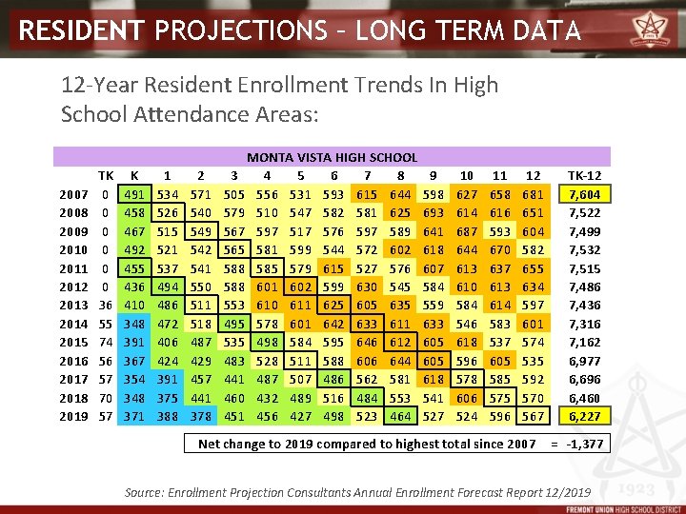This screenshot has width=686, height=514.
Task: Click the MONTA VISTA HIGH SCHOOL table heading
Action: coord(332,157)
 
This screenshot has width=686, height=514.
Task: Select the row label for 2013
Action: coord(73,305)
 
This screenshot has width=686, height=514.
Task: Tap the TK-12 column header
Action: coord(584,176)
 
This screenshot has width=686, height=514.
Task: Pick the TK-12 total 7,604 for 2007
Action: coord(584,194)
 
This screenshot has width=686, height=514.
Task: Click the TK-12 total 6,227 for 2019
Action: coord(584,416)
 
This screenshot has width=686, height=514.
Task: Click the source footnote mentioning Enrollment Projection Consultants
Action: coord(357,492)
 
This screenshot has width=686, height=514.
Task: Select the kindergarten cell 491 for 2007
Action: coord(134,194)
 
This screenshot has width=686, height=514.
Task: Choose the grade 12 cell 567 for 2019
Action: coord(534,416)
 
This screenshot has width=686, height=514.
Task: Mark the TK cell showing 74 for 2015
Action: coord(105,342)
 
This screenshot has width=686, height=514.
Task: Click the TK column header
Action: coord(105,176)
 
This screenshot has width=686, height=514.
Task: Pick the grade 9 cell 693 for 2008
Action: coord(434,212)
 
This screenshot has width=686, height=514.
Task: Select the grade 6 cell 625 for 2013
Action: coord(333,305)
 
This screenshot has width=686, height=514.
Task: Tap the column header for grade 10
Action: coord(467,176)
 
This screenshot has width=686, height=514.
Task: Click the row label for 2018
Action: coord(73,397)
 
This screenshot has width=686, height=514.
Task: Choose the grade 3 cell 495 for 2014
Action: coord(233,324)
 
